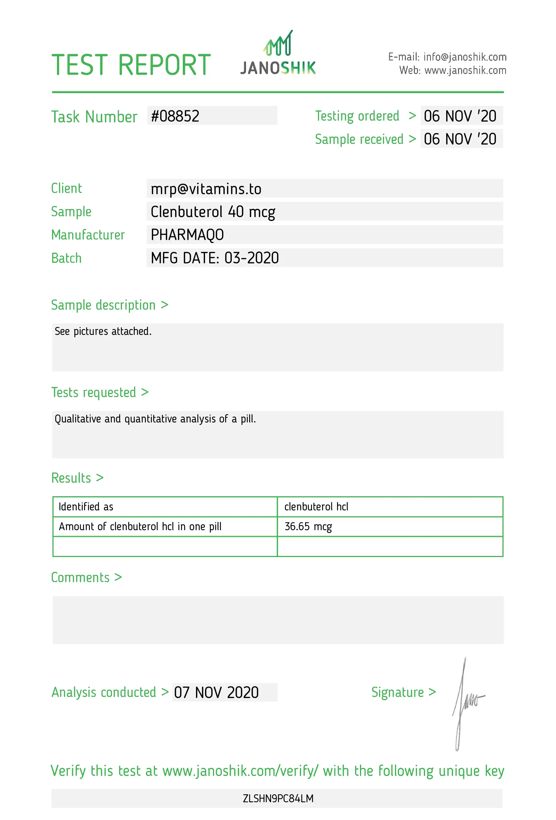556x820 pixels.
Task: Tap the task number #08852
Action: pyautogui.click(x=175, y=116)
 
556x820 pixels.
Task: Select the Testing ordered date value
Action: pyautogui.click(x=460, y=116)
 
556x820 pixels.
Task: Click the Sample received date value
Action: pyautogui.click(x=460, y=139)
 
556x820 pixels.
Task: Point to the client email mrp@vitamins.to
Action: pyautogui.click(x=206, y=189)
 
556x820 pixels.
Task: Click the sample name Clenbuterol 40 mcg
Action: pyautogui.click(x=213, y=212)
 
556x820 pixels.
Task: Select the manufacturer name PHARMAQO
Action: pyautogui.click(x=187, y=235)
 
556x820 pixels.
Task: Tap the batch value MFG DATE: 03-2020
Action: pyautogui.click(x=214, y=258)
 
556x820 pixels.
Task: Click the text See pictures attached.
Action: pyautogui.click(x=103, y=331)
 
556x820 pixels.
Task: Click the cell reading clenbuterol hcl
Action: pyautogui.click(x=316, y=507)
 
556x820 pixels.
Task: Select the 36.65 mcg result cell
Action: pyautogui.click(x=308, y=526)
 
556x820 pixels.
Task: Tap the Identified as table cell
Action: pyautogui.click(x=86, y=507)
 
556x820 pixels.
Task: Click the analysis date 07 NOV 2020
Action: pyautogui.click(x=216, y=692)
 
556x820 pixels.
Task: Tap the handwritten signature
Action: pyautogui.click(x=466, y=702)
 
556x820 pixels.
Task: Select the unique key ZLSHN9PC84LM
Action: pyautogui.click(x=278, y=798)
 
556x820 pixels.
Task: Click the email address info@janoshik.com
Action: pyautogui.click(x=465, y=57)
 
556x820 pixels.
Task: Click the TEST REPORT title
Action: pyautogui.click(x=131, y=65)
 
